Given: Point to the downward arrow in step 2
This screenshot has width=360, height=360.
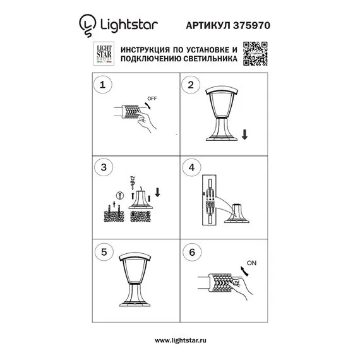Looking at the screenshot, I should coord(244,134).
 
